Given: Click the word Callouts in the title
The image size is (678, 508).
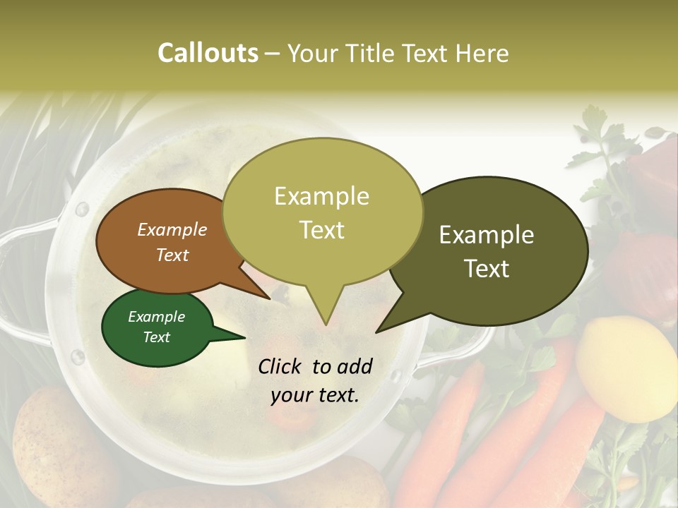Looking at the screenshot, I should click(208, 53).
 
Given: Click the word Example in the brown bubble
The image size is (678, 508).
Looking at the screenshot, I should click(172, 229).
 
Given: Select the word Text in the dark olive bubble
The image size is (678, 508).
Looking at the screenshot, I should click(487, 269).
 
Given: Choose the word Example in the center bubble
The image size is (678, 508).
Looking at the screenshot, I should click(322, 196).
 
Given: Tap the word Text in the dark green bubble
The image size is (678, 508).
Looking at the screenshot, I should click(157, 337).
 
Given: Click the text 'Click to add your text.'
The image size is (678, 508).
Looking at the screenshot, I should click(315, 380).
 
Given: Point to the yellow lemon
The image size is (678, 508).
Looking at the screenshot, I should click(625, 367).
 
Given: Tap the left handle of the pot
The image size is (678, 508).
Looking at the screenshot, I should click(21, 282).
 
